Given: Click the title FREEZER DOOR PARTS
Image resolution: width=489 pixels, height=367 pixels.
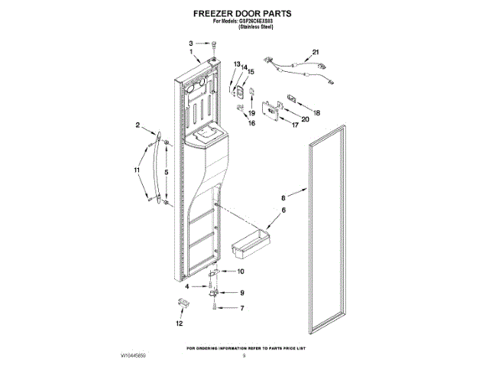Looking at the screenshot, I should point(244,14).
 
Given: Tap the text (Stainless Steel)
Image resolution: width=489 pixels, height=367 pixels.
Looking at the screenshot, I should point(257,27).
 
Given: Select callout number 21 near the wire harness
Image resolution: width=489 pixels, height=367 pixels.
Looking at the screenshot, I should point(315,53).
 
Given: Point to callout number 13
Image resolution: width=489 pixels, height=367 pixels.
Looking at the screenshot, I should point(237,64).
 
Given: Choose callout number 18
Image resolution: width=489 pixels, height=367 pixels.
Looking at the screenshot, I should point(318,112).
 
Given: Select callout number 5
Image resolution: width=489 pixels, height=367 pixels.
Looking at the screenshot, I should point(167,172).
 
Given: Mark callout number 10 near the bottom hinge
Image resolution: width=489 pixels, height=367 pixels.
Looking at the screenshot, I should point(240,271).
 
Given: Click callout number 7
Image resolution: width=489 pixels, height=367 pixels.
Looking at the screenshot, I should point(242,308).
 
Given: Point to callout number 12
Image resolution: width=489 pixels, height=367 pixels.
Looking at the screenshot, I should point(180,323).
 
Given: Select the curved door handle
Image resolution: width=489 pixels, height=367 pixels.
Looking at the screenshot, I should point(157,170).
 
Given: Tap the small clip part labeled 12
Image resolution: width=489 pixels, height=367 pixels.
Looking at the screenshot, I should point(182,304).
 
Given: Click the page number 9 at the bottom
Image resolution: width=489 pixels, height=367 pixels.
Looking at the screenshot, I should point(244,356).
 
